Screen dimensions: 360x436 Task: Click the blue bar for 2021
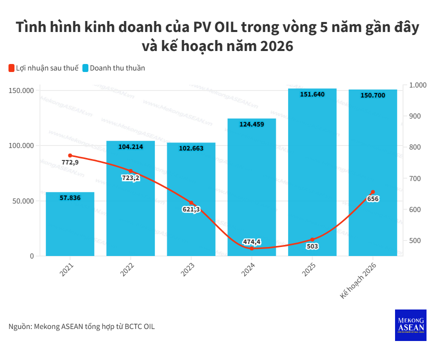tap(70, 225)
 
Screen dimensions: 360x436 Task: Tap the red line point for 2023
tap(191, 203)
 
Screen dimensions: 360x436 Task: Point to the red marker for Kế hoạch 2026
tap(373, 192)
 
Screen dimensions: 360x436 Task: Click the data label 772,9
tap(70, 162)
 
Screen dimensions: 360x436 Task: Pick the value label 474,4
tap(252, 242)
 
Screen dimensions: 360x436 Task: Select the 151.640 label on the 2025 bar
tap(312, 94)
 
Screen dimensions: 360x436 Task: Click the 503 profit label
tap(312, 246)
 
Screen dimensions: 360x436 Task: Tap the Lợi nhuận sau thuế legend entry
tap(43, 68)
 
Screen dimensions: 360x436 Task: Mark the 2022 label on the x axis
tap(128, 269)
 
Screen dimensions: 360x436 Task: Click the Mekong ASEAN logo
tap(411, 325)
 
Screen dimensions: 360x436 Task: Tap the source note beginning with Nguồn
tap(82, 326)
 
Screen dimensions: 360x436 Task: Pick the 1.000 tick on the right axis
tap(418, 85)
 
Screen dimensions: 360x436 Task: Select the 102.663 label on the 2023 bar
tap(191, 148)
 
